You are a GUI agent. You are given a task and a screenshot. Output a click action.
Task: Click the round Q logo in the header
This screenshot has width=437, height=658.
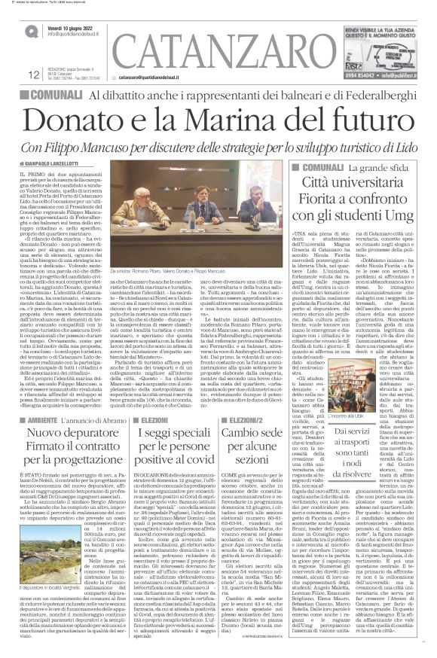pos(29,31)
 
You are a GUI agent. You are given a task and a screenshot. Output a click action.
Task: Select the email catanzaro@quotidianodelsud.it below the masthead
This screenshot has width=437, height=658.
pos(162,77)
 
